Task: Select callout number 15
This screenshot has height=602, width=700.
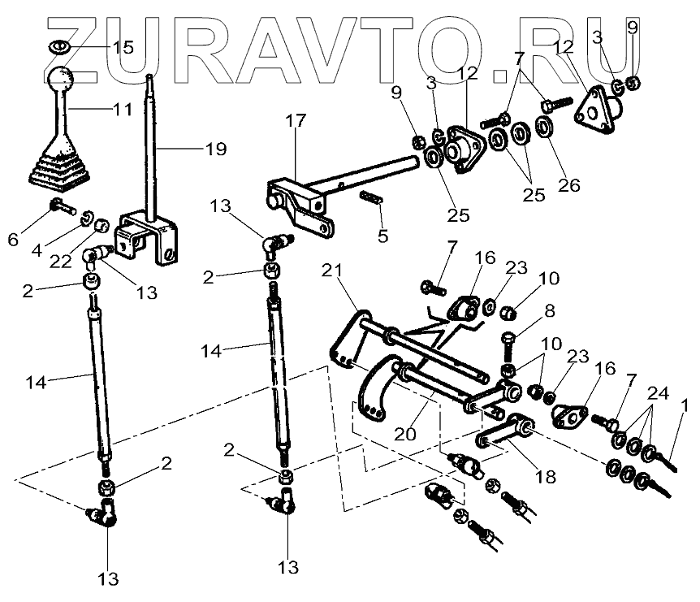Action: click(x=123, y=47)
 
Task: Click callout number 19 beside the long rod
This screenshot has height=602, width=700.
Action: click(x=215, y=149)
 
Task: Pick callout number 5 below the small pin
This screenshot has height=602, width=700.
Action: click(x=382, y=236)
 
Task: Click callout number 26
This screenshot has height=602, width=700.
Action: click(x=569, y=185)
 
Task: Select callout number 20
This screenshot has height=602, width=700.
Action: click(x=407, y=434)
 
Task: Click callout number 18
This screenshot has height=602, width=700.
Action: click(x=546, y=477)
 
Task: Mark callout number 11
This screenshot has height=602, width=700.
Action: click(x=122, y=108)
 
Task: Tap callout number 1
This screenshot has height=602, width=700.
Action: click(x=685, y=405)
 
